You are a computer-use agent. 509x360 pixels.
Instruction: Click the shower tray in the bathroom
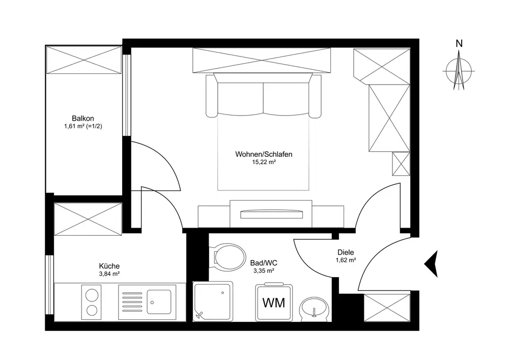(x=213, y=301)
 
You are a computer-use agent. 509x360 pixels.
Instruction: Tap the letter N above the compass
(x=459, y=44)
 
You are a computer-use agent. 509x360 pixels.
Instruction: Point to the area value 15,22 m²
(x=263, y=162)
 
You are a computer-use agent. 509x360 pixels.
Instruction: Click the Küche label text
(x=109, y=266)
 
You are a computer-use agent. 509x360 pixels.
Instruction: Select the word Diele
(x=346, y=252)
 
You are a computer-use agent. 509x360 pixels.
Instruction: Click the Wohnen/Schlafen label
(x=263, y=154)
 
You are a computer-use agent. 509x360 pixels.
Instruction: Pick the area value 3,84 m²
(x=109, y=274)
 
